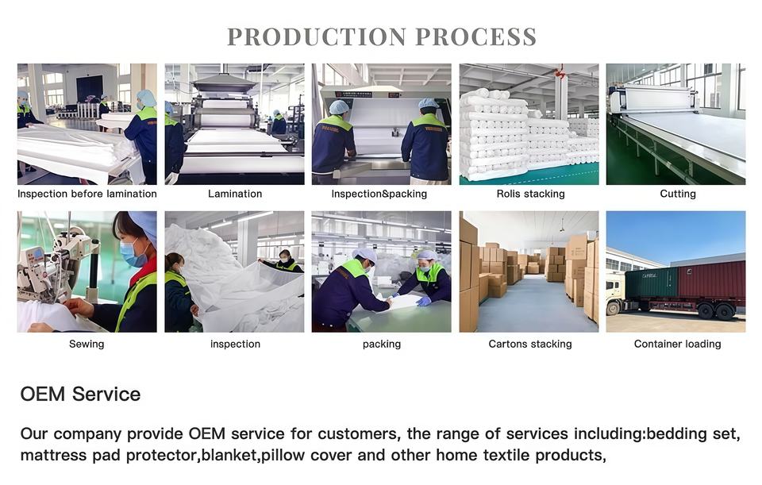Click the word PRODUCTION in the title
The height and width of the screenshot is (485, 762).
click(x=317, y=37)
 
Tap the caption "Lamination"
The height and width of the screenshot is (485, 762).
click(x=235, y=194)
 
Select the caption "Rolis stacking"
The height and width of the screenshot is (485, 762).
click(x=530, y=194)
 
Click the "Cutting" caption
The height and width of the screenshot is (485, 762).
click(x=677, y=194)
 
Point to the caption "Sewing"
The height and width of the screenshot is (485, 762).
click(x=87, y=344)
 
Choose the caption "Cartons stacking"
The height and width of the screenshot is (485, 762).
click(x=529, y=344)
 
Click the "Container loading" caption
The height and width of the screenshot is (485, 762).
click(x=677, y=344)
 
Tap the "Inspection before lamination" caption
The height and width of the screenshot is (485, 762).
click(x=87, y=194)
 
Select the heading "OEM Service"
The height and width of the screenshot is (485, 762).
click(x=80, y=395)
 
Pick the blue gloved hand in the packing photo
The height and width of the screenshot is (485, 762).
click(x=423, y=302)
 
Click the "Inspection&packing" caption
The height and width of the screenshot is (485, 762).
click(x=379, y=194)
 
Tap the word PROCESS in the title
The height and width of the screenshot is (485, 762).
click(x=475, y=37)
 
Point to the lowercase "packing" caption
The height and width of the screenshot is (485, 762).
click(x=382, y=344)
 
